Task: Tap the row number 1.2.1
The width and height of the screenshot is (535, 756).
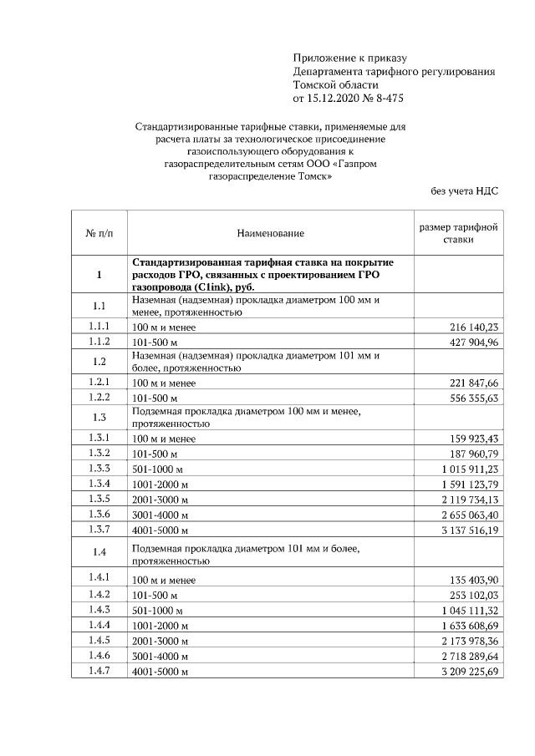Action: coord(99,382)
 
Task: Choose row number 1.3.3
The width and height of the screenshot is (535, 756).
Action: coord(99,469)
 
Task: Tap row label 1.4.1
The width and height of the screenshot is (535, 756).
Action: coord(99,578)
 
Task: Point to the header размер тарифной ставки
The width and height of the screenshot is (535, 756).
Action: coord(459,233)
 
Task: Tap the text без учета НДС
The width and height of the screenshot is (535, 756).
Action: coord(464,191)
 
